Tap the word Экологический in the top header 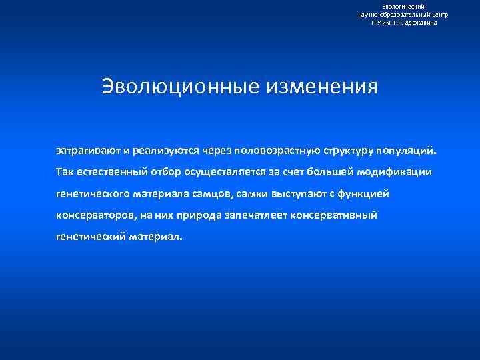(403, 6)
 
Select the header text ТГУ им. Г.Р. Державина (403, 22)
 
